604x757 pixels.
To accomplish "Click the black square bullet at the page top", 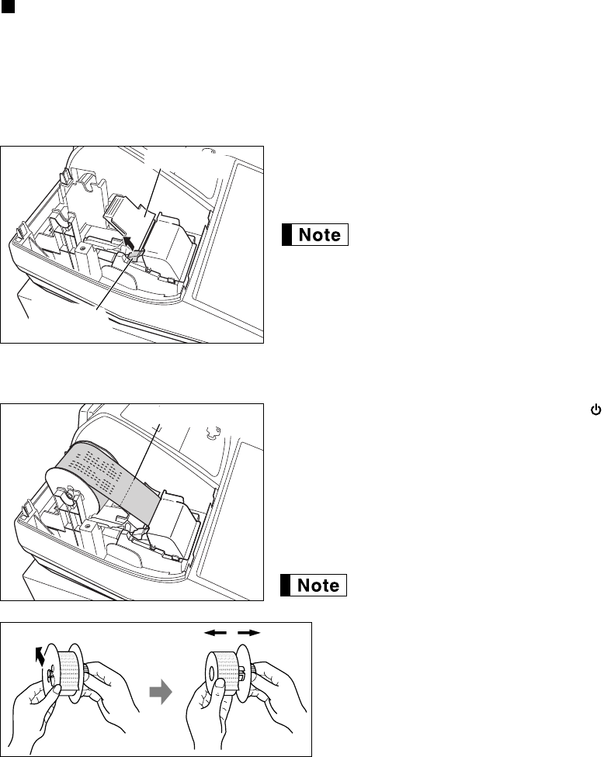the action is point(7,7).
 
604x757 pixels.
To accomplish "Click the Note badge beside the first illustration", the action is point(315,235).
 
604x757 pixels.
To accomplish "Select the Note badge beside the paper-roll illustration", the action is point(314,586).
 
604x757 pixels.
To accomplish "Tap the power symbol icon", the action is point(596,410).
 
